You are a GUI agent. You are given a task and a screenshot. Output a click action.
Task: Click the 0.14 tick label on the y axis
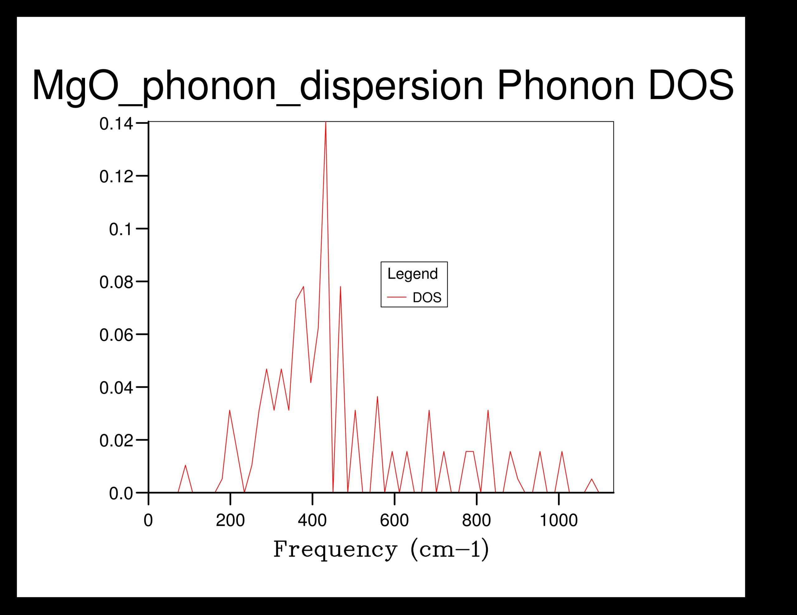(116, 124)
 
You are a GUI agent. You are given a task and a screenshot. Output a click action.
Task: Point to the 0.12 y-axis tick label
(116, 177)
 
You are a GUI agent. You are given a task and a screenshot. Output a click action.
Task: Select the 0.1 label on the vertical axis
(121, 230)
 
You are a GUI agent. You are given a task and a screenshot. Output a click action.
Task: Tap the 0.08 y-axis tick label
(116, 283)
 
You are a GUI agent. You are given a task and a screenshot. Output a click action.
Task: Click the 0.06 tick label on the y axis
(116, 335)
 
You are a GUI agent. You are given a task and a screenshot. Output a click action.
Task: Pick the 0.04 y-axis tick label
(116, 388)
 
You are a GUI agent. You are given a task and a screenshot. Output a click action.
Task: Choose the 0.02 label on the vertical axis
(116, 441)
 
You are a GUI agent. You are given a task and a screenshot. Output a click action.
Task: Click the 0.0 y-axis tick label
(121, 494)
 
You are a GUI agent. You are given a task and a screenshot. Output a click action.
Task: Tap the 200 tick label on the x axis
(230, 520)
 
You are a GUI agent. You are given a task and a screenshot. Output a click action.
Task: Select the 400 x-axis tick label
(312, 520)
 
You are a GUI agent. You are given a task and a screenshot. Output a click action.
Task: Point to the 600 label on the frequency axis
(394, 520)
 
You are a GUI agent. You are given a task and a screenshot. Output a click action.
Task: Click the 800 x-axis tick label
(477, 520)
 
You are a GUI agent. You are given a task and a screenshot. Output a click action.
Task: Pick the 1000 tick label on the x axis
(559, 520)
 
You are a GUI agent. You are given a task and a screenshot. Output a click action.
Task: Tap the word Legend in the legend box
(413, 274)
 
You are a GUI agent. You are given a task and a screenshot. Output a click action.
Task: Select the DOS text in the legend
(427, 298)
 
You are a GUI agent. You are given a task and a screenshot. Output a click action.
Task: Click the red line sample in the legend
(397, 298)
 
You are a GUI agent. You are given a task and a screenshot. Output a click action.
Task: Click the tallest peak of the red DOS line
(326, 123)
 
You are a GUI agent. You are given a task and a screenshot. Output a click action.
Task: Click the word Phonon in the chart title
(566, 86)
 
